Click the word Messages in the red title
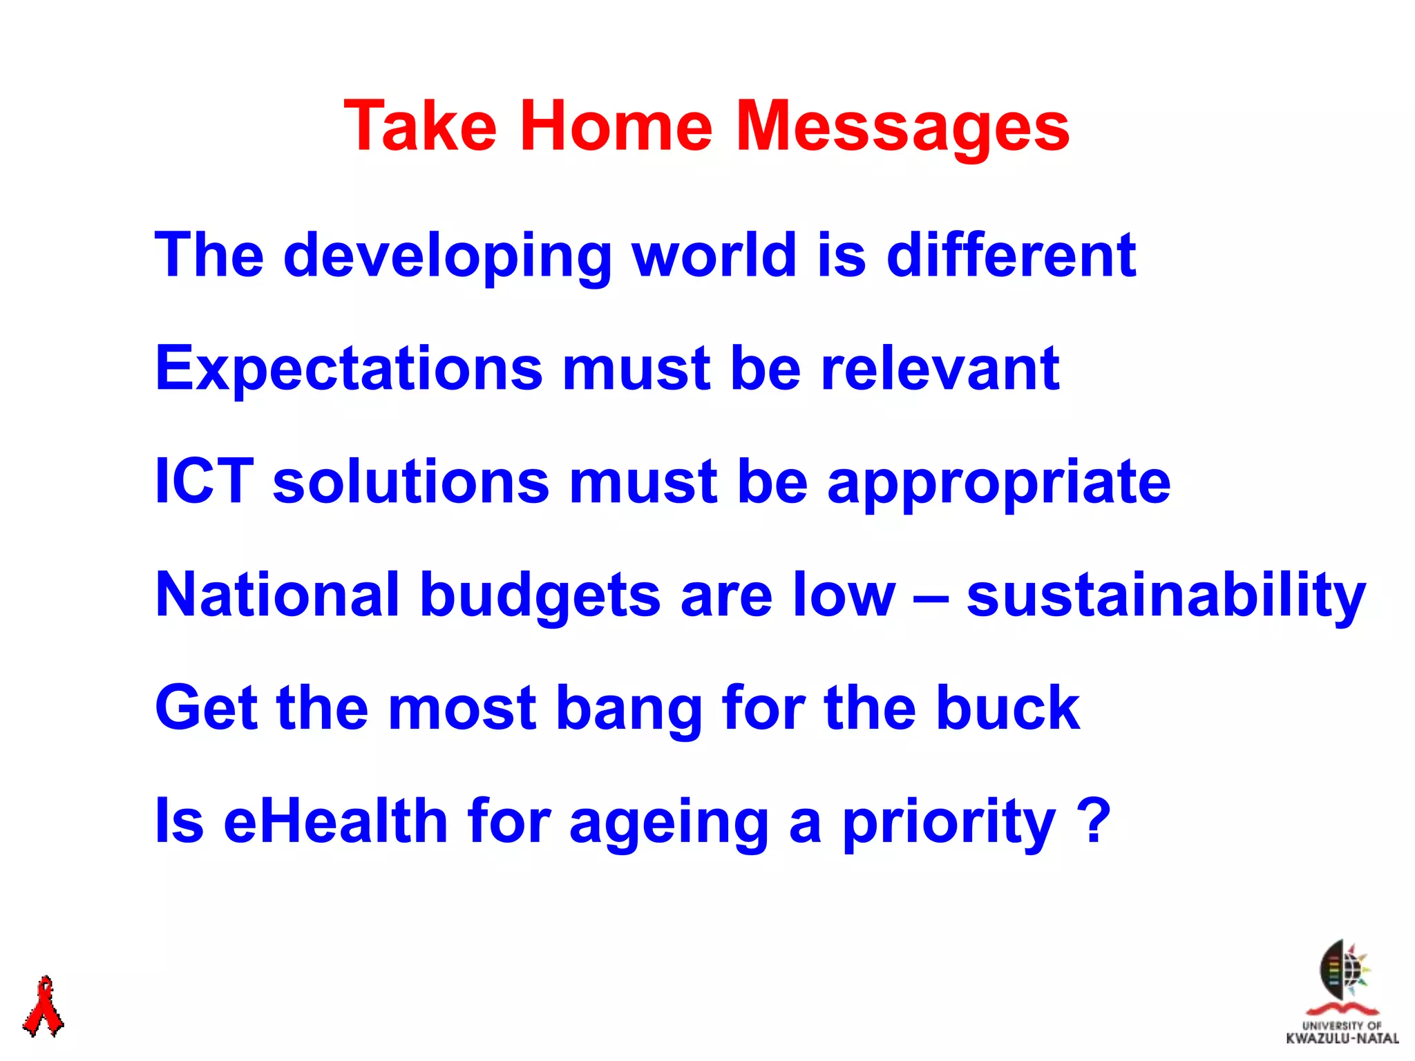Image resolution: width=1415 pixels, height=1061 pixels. tap(902, 126)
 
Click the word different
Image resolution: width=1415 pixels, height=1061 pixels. tap(1011, 256)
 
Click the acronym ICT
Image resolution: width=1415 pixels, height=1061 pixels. tap(205, 481)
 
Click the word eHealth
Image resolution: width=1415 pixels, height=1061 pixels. tap(336, 821)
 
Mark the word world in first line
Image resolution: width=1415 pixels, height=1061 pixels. tap(715, 256)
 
